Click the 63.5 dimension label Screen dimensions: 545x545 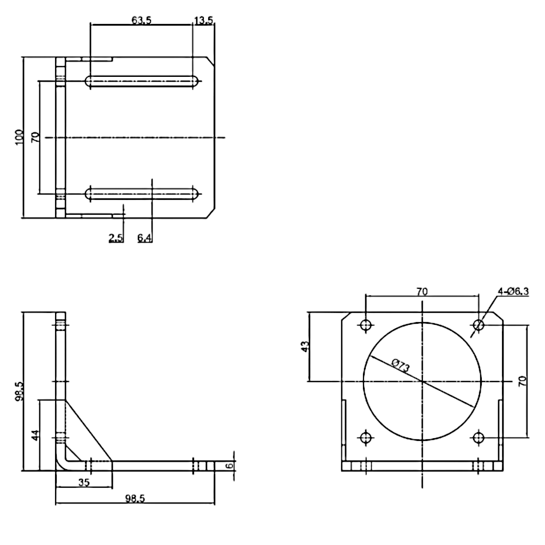(141, 20)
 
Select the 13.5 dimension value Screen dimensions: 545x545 (203, 20)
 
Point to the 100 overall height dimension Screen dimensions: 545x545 (19, 136)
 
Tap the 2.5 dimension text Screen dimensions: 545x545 (116, 238)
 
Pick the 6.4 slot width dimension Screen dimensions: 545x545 (144, 238)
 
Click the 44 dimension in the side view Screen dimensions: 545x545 (35, 434)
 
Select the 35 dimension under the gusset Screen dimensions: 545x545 (83, 482)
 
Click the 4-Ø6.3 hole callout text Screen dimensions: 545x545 (513, 292)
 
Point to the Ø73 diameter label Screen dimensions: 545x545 (401, 366)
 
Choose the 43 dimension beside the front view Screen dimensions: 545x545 (306, 347)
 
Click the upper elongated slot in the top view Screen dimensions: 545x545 (142, 81)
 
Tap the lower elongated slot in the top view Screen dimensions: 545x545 (142, 193)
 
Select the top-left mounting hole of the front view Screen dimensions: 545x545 (366, 325)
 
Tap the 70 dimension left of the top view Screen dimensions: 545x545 (35, 136)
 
